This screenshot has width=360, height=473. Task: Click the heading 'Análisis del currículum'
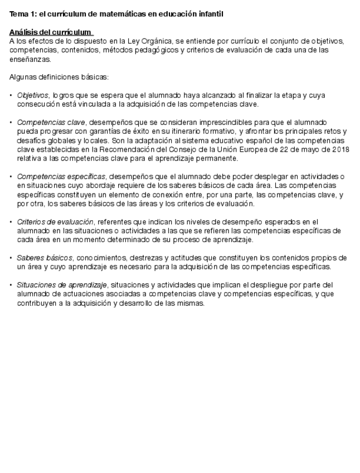point(51,32)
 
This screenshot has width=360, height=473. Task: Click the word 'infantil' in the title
point(209,14)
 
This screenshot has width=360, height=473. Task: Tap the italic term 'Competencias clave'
point(51,122)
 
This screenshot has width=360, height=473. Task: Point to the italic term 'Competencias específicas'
point(61,176)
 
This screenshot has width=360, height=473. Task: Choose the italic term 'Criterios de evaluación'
point(55,221)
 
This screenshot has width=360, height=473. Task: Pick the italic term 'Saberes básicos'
point(45,258)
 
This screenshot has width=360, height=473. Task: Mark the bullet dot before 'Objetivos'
point(11,95)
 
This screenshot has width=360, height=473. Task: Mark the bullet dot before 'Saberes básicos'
point(11,258)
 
